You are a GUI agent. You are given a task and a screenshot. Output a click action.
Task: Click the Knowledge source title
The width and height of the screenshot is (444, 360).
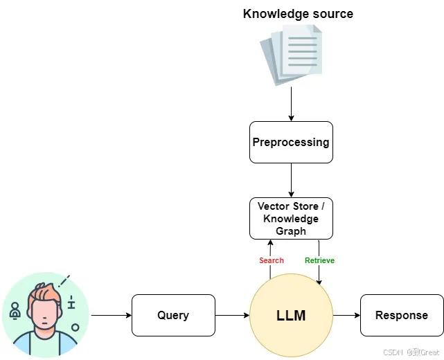pos(298,14)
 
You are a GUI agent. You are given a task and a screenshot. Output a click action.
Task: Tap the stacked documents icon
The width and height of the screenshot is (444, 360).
pos(291,55)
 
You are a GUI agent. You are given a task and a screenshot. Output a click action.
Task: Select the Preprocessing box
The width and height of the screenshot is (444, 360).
pos(291,143)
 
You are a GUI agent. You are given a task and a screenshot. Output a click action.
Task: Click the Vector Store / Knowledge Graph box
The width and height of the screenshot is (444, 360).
pos(291,219)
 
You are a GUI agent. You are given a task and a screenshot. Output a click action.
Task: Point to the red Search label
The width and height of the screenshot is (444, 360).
pos(272,260)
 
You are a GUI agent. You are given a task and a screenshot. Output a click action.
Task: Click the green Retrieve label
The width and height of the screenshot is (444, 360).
pos(319,260)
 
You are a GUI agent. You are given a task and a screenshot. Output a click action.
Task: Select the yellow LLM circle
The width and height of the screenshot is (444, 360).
pos(291,315)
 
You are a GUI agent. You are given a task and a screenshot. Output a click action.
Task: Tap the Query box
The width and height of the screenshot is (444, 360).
pos(173,315)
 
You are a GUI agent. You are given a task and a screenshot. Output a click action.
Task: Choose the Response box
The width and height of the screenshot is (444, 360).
pos(402,315)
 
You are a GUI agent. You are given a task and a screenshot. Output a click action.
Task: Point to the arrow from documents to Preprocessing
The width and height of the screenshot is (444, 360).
pos(291,104)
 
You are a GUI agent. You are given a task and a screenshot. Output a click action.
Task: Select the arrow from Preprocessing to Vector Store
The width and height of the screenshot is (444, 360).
pos(291,180)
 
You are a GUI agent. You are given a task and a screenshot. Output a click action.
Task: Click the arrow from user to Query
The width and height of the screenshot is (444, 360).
pos(112,315)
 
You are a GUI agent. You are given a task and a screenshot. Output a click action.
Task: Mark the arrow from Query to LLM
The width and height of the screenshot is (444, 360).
pos(232,315)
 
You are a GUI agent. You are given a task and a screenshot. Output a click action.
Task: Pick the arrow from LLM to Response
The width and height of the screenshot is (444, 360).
pos(346,315)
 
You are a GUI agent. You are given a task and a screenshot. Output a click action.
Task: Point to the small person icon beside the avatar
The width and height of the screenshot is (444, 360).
pos(15,310)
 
